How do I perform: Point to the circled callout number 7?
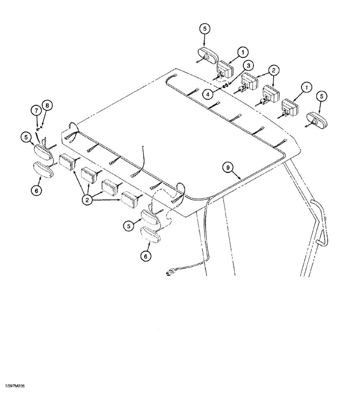click(37, 110)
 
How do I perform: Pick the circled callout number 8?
click(48, 105)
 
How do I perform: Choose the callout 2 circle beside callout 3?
click(274, 71)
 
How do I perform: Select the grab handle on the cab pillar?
click(320, 223)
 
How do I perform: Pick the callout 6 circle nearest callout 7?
click(37, 191)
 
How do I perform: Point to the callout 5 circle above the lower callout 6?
click(129, 226)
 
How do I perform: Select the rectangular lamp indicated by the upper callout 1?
click(225, 70)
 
